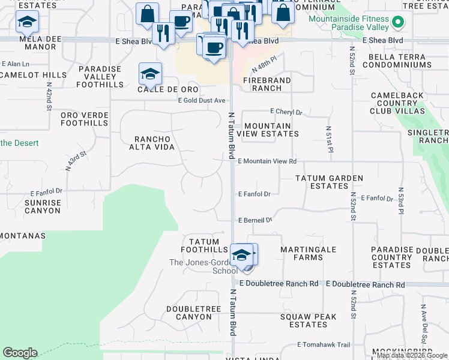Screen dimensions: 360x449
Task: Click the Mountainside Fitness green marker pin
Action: coord(397,23)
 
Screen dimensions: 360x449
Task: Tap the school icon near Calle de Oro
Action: coord(150,75)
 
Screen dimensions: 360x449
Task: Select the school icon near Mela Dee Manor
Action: coord(27,23)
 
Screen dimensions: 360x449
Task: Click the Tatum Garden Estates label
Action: coord(329,182)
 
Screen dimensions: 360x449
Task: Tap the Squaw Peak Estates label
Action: coord(308,320)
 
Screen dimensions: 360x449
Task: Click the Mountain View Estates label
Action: coord(268,130)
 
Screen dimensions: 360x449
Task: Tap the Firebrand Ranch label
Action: coord(267,84)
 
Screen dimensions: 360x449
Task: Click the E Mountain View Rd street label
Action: coord(267,161)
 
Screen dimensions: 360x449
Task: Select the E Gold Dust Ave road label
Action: coord(201,100)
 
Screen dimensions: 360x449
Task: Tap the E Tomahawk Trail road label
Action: coord(323,345)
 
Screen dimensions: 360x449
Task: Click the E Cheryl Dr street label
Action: coord(286,112)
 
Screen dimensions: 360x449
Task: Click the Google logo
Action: coord(20,353)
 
